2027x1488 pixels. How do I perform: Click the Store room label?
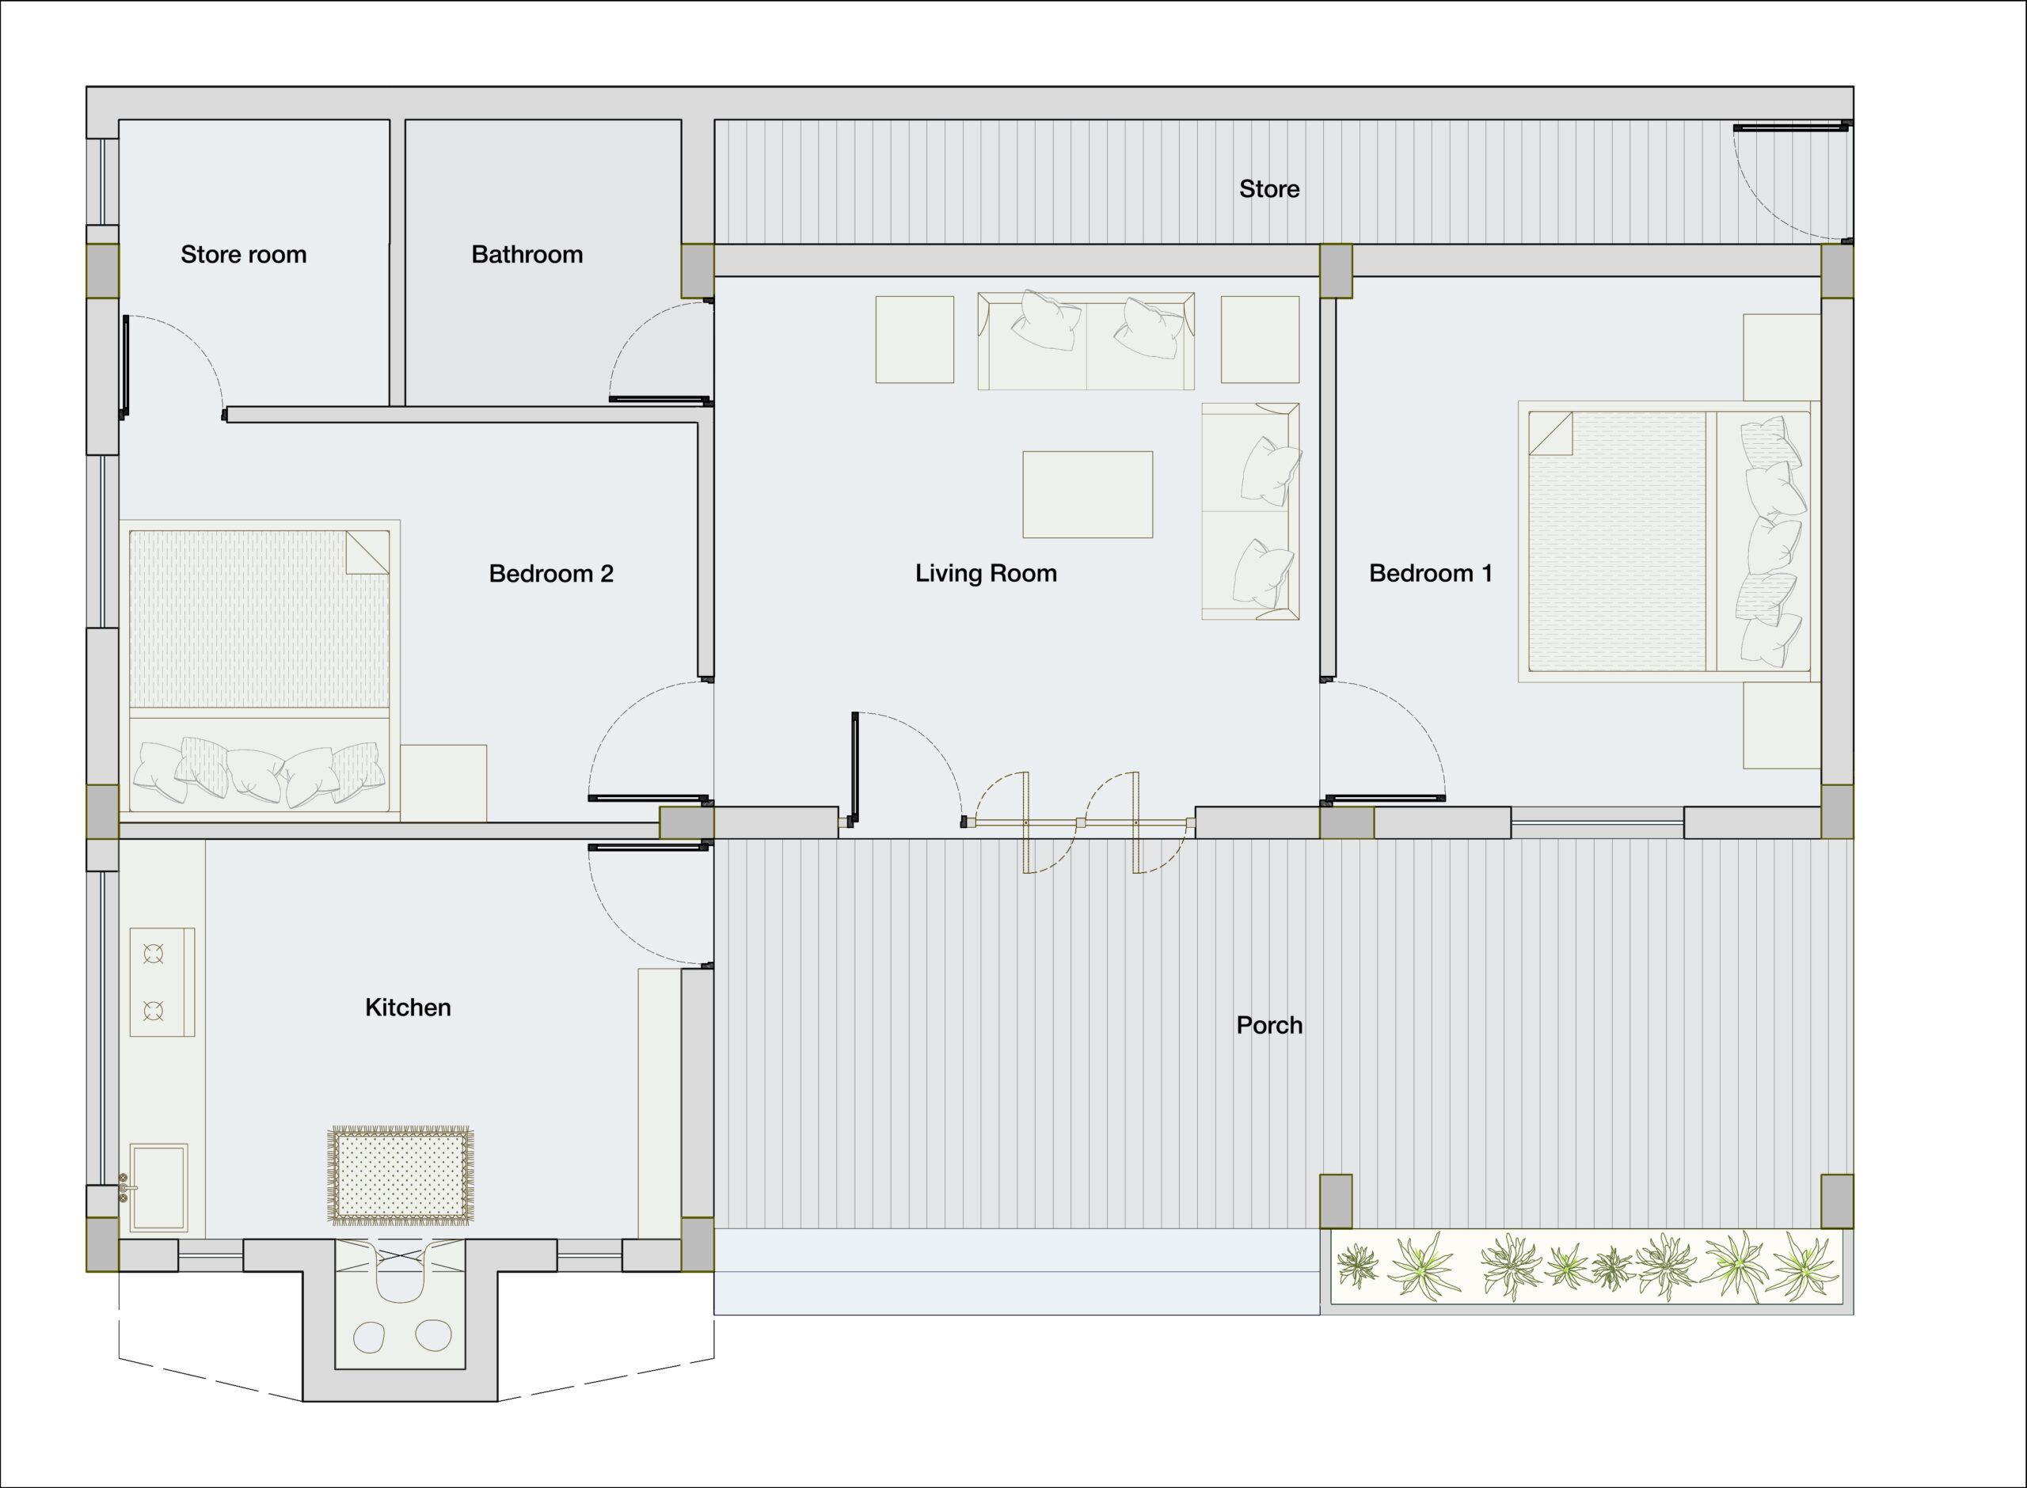pyautogui.click(x=243, y=255)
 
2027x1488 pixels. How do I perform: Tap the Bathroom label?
pyautogui.click(x=527, y=255)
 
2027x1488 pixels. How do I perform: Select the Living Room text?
pyautogui.click(x=986, y=574)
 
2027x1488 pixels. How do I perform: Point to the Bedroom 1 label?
pyautogui.click(x=1431, y=574)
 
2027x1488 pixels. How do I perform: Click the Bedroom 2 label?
pyautogui.click(x=551, y=574)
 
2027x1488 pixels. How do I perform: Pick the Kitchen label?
pyautogui.click(x=408, y=1007)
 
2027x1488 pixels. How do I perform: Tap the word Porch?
pyautogui.click(x=1269, y=1025)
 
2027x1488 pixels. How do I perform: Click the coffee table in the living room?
pyautogui.click(x=1087, y=495)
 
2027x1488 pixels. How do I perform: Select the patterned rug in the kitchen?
pyautogui.click(x=400, y=1176)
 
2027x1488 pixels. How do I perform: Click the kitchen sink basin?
pyautogui.click(x=158, y=1188)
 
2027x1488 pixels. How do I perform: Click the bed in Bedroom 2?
pyautogui.click(x=260, y=670)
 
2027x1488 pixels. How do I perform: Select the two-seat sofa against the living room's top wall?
pyautogui.click(x=1086, y=340)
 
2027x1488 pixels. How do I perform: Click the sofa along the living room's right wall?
pyautogui.click(x=1250, y=511)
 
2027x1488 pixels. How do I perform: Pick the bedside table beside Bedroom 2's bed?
pyautogui.click(x=443, y=783)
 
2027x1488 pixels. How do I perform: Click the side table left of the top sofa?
pyautogui.click(x=915, y=340)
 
